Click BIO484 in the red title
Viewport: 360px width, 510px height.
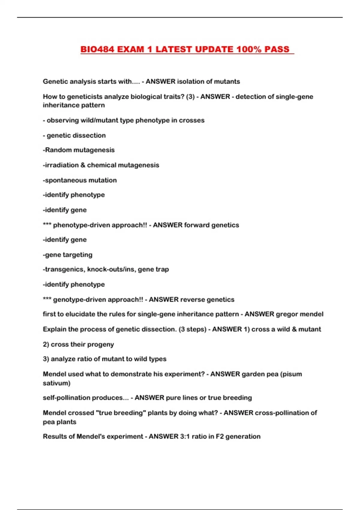pyautogui.click(x=97, y=49)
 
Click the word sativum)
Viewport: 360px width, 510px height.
pyautogui.click(x=57, y=383)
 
